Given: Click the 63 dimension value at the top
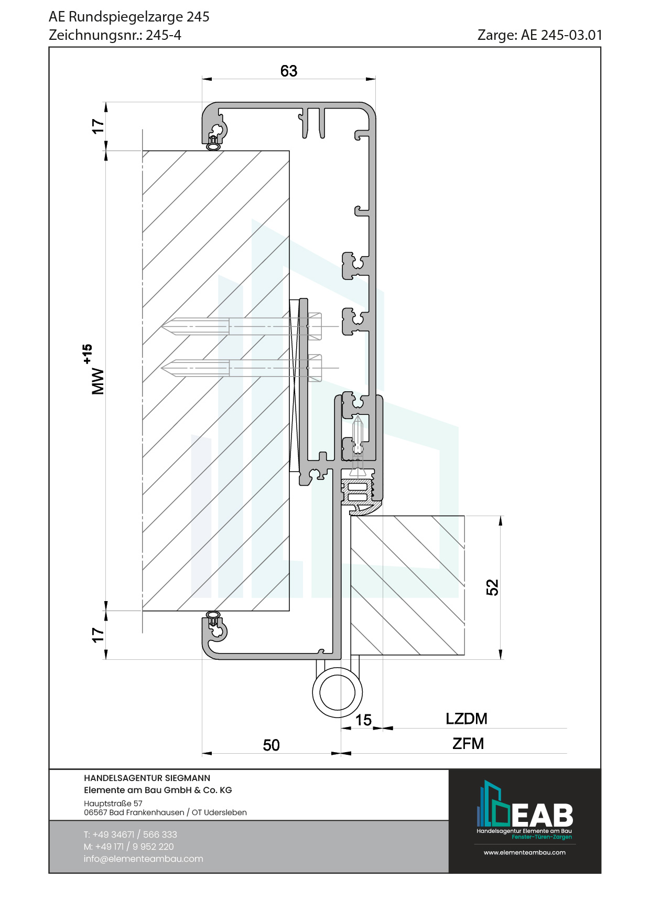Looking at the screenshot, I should pos(289,71).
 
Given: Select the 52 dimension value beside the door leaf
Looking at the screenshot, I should pos(492,587).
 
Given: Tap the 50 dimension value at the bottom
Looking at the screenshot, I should pos(271,745).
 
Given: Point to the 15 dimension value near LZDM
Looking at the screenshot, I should pos(363,720).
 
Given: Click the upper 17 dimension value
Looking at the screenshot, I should pos(98,126).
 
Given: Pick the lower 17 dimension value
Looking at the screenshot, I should pos(98,635).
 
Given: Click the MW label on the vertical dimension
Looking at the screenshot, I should pos(98,381).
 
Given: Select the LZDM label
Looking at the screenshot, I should pos(467,719).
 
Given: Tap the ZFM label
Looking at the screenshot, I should pos(468,743).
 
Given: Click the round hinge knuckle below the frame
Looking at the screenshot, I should pos(337,692).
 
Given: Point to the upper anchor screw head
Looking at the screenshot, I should pos(315,326).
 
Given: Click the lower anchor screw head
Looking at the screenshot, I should pos(315,368).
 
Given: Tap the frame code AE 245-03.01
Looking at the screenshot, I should pos(561,35).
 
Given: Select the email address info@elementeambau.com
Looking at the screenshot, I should pos(143,859).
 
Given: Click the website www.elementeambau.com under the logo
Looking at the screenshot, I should pos(524,852).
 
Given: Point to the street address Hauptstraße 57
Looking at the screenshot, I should pos(113,803).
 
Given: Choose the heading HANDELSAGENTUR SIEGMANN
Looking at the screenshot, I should pos(147,778).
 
